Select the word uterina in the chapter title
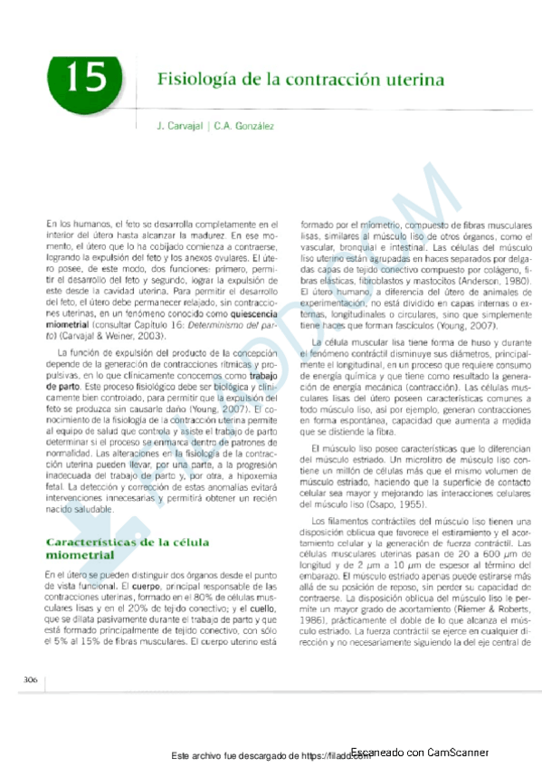(x=414, y=80)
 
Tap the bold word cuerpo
(x=129, y=585)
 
